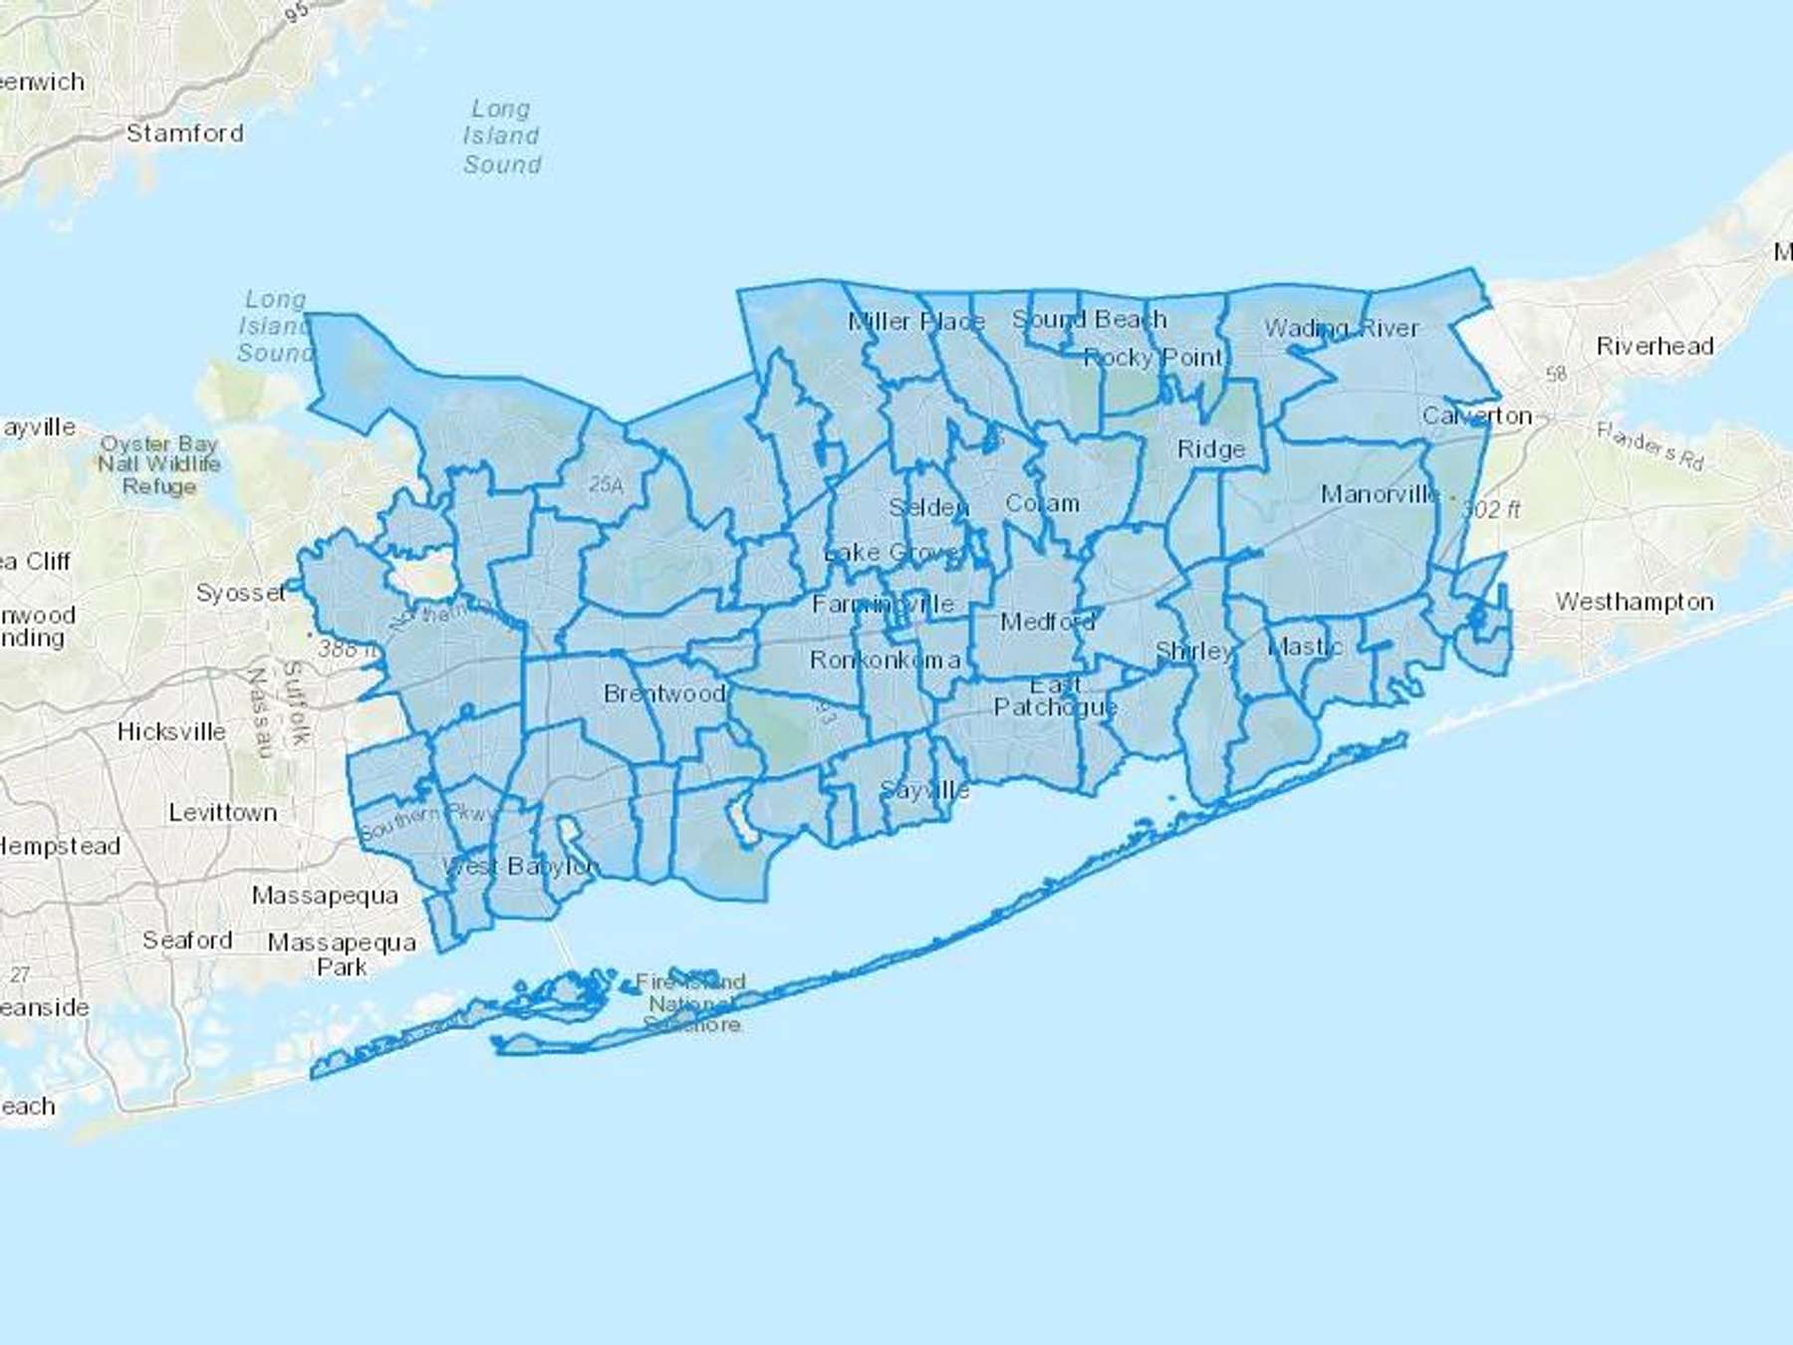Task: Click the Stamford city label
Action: click(184, 134)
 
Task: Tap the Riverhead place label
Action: click(1655, 347)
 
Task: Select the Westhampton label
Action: click(1635, 602)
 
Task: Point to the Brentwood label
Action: click(664, 693)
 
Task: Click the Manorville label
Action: click(1380, 494)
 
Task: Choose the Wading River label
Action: click(1341, 328)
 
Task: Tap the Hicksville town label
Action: click(171, 731)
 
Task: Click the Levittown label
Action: click(223, 813)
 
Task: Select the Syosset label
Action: click(240, 593)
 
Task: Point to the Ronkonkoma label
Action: click(885, 660)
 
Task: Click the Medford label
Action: click(1047, 623)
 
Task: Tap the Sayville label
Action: click(924, 791)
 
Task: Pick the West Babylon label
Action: click(520, 866)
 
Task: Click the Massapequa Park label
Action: click(342, 954)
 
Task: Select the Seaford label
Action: click(187, 941)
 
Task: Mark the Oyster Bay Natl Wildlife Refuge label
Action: click(159, 464)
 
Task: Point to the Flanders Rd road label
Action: click(1651, 444)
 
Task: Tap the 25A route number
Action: click(606, 485)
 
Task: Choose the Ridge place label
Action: click(1210, 449)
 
